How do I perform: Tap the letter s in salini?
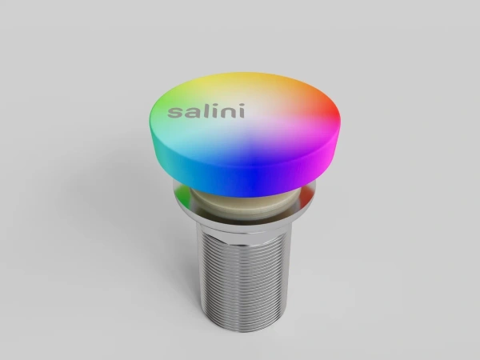pos(174,114)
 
